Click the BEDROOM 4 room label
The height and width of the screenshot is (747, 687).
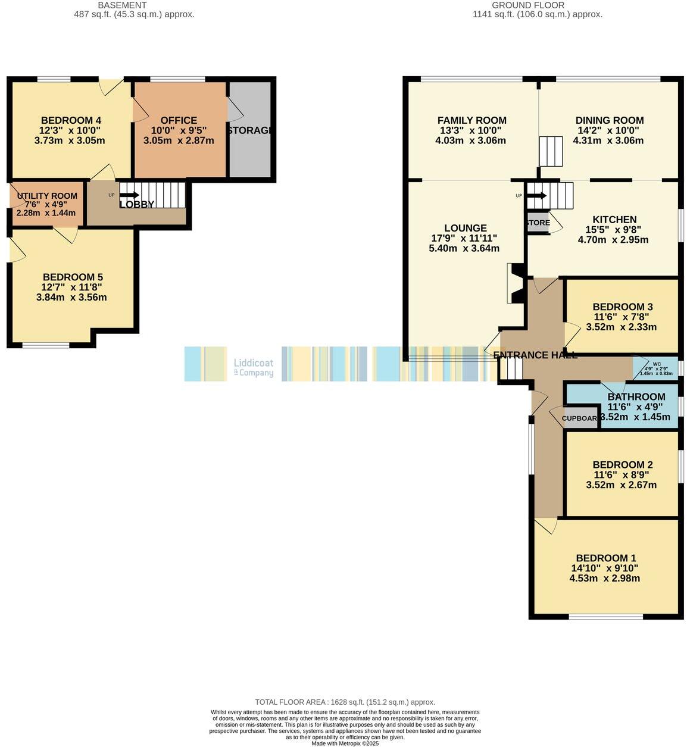[x=67, y=120]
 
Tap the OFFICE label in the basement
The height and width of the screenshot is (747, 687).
[x=179, y=120]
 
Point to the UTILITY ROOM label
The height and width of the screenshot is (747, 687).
[x=47, y=196]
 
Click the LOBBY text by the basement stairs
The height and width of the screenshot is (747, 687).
[x=137, y=204]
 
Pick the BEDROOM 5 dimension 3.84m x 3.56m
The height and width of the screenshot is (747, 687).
[x=71, y=297]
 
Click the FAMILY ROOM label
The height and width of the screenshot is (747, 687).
[x=471, y=120]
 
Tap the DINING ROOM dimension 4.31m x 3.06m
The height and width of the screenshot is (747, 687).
[x=608, y=140]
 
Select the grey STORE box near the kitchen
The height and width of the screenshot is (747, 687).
[x=538, y=223]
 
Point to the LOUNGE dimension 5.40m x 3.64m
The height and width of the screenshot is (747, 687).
[x=464, y=248]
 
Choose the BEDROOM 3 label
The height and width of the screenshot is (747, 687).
[x=623, y=307]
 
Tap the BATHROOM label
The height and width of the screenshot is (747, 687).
[x=636, y=397]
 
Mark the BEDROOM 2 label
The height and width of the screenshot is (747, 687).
[x=623, y=465]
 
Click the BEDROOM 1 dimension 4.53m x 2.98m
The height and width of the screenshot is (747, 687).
[x=605, y=578]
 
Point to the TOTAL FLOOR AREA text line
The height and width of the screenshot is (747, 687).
[x=345, y=702]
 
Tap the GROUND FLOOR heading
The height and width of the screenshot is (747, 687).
[x=520, y=5]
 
